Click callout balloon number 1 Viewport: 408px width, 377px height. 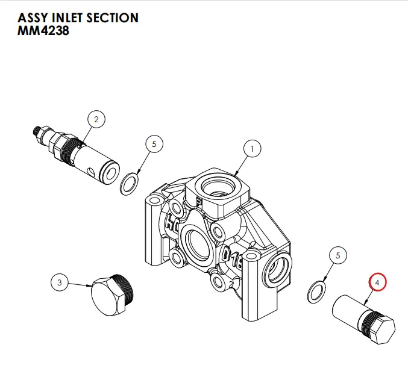point(253,148)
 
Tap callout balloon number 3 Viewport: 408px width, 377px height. point(59,281)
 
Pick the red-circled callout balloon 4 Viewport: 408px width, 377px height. point(378,281)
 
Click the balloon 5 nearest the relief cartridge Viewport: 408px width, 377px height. point(154,145)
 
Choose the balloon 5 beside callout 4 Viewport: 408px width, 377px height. point(337,255)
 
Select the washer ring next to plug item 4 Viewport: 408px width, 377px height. point(315,291)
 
